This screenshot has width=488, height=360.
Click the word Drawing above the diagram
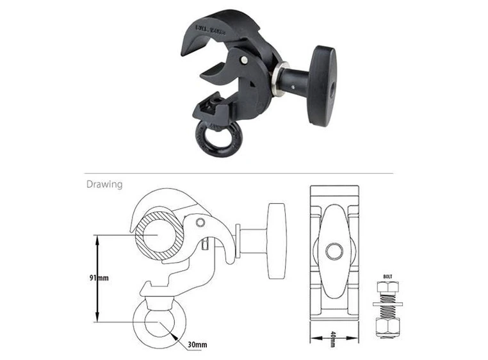(x=104, y=184)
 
